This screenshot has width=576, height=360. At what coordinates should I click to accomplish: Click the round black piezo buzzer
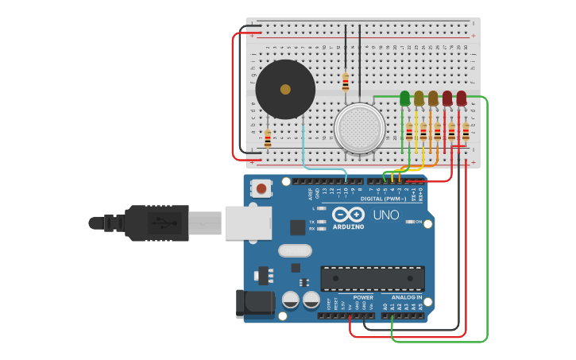pyautogui.click(x=284, y=89)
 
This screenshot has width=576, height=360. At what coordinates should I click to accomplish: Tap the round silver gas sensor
pyautogui.click(x=359, y=127)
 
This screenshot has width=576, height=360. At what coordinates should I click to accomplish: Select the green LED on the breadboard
pyautogui.click(x=404, y=98)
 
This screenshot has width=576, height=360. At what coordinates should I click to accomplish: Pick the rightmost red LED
pyautogui.click(x=462, y=98)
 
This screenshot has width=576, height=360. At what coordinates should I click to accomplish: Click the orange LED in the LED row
pyautogui.click(x=433, y=98)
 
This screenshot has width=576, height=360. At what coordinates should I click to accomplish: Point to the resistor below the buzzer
pyautogui.click(x=268, y=138)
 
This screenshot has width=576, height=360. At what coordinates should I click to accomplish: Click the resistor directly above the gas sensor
pyautogui.click(x=345, y=81)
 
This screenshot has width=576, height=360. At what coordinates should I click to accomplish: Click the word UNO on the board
pyautogui.click(x=386, y=215)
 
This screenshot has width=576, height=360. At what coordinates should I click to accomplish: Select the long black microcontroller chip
pyautogui.click(x=372, y=278)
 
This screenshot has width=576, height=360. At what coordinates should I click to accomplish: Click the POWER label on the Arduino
pyautogui.click(x=363, y=297)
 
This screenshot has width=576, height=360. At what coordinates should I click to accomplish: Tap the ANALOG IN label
pyautogui.click(x=407, y=297)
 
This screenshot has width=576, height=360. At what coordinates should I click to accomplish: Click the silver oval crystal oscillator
pyautogui.click(x=295, y=250)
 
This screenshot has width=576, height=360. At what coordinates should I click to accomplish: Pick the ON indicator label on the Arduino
pyautogui.click(x=418, y=222)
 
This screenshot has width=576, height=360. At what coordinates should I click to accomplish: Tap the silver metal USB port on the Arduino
pyautogui.click(x=248, y=223)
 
